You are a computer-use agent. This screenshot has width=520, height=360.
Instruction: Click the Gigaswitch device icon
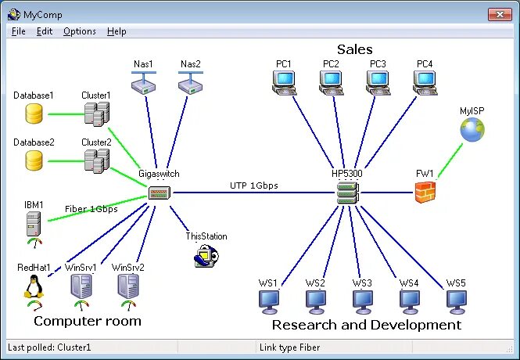(x=159, y=192)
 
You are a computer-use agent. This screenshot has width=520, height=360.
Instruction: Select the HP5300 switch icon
(x=346, y=193)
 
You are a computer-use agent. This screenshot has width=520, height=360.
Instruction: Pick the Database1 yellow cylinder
(x=34, y=114)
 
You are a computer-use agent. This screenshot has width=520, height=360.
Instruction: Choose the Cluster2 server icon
(x=96, y=160)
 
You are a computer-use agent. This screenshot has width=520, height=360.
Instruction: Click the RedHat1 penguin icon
(x=34, y=286)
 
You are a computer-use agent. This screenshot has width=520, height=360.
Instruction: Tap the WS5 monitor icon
(x=456, y=301)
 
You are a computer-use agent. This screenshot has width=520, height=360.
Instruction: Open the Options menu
(x=80, y=31)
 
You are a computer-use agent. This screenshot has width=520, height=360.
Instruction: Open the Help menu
(x=117, y=31)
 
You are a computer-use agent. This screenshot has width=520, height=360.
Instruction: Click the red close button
(x=498, y=13)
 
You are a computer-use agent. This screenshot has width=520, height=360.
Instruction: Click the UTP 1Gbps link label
(x=253, y=185)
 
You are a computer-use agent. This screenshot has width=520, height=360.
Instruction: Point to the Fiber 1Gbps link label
(x=91, y=209)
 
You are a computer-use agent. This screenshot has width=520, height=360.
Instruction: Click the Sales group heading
(x=354, y=49)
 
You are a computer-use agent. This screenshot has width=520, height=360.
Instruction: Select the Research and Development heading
(x=366, y=324)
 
